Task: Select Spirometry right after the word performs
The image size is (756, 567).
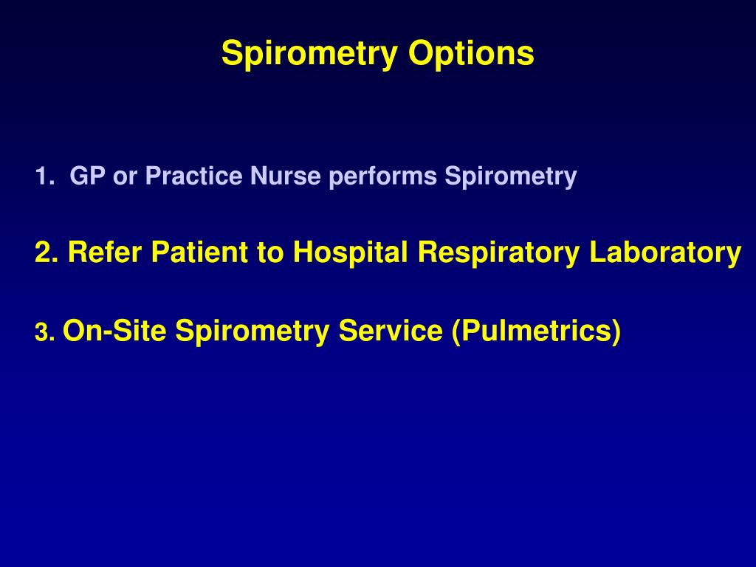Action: pyautogui.click(x=510, y=176)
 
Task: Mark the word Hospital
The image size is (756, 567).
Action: pyautogui.click(x=351, y=253)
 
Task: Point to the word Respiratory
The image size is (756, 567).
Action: pyautogui.click(x=500, y=253)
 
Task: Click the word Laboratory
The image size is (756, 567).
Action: pyautogui.click(x=665, y=253)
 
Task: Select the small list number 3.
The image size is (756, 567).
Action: pyautogui.click(x=43, y=334)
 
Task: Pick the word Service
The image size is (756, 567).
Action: pyautogui.click(x=391, y=331)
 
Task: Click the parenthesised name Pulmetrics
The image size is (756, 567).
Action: pyautogui.click(x=536, y=331)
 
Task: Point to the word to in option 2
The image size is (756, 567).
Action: pyautogui.click(x=271, y=253)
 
